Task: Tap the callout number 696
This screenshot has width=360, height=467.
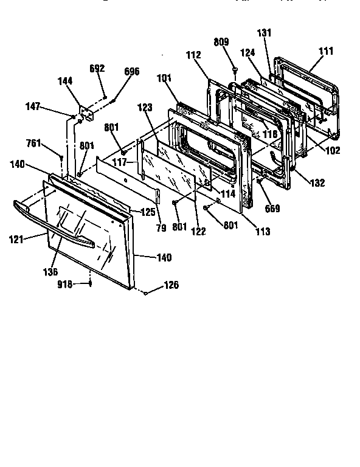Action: tap(131, 72)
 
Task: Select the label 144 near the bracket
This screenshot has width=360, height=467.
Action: tap(64, 81)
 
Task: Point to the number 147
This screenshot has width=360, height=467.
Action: tap(33, 106)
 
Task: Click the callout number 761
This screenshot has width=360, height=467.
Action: tap(34, 144)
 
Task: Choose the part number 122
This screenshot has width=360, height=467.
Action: tap(198, 231)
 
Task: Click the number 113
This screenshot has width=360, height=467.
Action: tap(263, 232)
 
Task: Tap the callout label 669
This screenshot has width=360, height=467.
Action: tap(272, 209)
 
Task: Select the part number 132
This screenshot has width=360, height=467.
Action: tap(317, 182)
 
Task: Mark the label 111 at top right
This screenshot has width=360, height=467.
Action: tap(326, 52)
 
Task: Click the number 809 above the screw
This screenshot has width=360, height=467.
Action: tap(221, 43)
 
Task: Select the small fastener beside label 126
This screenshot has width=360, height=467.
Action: tap(147, 293)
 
